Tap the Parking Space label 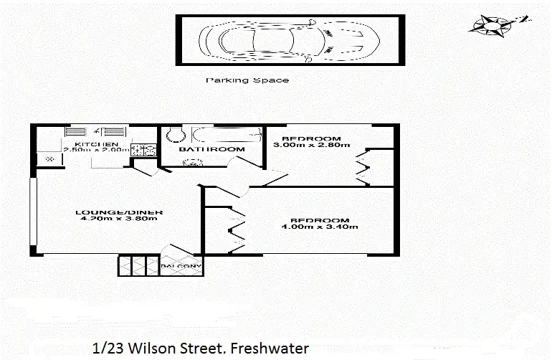click(x=247, y=80)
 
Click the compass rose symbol click(x=493, y=27)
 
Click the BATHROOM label click(x=211, y=149)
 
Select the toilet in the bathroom click(x=173, y=136)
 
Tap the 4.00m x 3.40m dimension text click(x=320, y=227)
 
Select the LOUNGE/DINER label click(x=120, y=212)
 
